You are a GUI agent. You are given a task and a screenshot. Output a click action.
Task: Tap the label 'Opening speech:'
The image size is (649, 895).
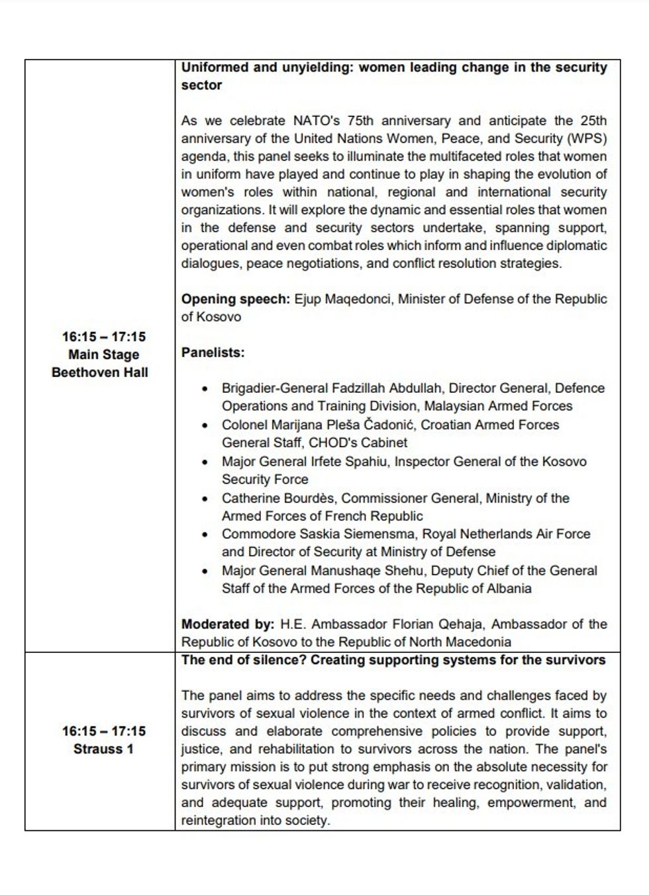tap(235, 299)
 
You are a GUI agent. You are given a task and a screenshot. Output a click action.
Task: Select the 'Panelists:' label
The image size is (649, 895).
tap(213, 353)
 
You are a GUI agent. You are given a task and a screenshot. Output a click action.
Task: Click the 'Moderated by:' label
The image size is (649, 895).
tap(227, 624)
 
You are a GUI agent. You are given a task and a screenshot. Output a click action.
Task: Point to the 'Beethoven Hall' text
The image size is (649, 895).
tap(100, 372)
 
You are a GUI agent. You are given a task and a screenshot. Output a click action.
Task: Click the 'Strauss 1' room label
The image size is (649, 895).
tap(103, 749)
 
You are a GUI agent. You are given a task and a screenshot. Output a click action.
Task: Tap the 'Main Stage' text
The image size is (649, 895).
tap(103, 355)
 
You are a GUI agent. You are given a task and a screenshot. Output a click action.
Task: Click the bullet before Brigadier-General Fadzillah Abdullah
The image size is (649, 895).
tap(207, 389)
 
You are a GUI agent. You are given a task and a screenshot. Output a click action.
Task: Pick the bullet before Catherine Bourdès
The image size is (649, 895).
tap(207, 499)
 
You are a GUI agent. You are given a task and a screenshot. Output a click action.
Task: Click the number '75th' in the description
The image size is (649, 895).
tap(358, 121)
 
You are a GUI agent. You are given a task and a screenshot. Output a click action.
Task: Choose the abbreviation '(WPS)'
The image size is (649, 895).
tap(587, 139)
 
